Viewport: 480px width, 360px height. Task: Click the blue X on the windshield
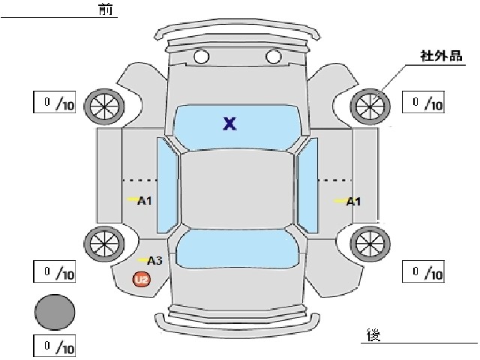coord(229,124)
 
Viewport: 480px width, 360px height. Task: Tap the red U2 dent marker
coord(142,280)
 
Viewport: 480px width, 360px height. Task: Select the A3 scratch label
coord(154,261)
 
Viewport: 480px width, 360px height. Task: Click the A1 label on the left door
coord(145,201)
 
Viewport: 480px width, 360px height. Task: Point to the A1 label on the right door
coord(353,202)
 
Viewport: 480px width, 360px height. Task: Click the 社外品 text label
coord(442,56)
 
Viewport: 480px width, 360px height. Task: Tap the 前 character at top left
coord(106,9)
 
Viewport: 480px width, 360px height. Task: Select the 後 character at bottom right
coord(373,334)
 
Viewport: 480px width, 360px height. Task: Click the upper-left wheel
coord(104,106)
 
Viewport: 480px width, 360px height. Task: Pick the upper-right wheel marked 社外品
coord(370,106)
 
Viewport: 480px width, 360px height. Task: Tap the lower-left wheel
coord(104,244)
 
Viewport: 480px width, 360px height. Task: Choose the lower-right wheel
coord(370,244)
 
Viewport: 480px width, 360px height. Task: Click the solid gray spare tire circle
coord(55,312)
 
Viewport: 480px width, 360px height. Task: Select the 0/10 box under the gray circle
coord(55,346)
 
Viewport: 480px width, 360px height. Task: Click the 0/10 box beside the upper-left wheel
coord(55,102)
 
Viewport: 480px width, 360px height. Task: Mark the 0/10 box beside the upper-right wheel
coord(423,102)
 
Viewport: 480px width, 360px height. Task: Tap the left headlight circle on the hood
coord(202,56)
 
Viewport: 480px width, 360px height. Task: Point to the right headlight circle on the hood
coord(273,56)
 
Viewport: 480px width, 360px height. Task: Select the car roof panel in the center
coord(237,190)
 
